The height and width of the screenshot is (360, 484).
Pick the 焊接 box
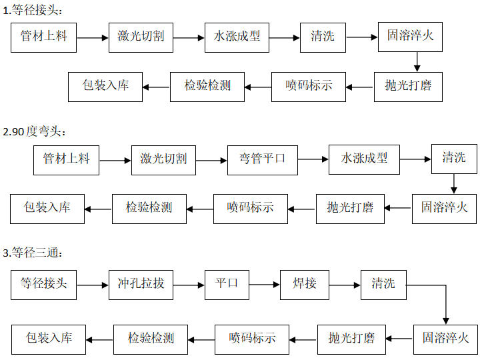coord(305,284)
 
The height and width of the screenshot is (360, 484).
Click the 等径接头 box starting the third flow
coord(44,284)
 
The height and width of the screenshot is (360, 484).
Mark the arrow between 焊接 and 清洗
coord(345,285)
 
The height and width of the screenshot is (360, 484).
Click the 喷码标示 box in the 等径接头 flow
coord(309,86)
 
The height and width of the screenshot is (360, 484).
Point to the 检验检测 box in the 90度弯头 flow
coord(149,208)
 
